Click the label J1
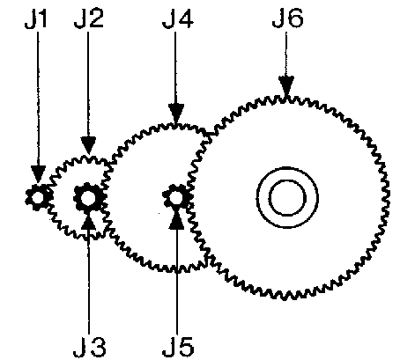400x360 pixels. [35, 19]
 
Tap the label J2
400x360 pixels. [89, 19]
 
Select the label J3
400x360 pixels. [89, 347]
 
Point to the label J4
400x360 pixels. [178, 19]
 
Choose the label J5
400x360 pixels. [178, 347]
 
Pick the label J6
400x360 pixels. [287, 18]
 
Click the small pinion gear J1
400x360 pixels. [38, 197]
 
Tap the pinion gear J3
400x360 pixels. [88, 198]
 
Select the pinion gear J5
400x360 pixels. [176, 197]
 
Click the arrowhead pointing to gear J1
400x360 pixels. [38, 173]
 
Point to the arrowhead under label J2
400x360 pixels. [88, 145]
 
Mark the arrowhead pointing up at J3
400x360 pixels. [88, 223]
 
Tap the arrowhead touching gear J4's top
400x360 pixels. [176, 113]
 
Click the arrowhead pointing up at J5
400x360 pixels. [176, 221]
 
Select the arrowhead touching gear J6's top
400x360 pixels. [286, 84]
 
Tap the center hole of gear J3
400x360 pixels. [88, 198]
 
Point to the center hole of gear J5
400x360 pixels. [176, 197]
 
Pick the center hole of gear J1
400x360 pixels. [38, 197]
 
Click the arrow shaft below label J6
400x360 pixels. [286, 55]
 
